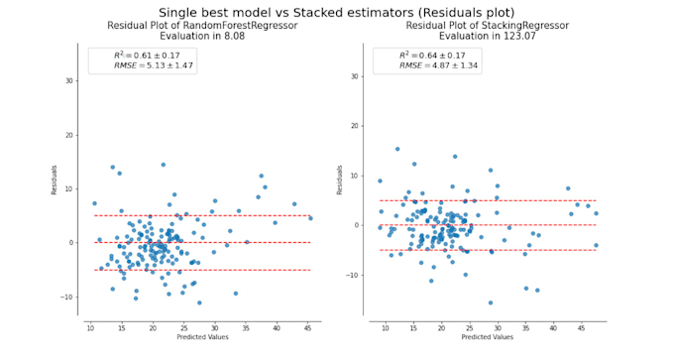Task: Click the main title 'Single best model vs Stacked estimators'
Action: coord(337,13)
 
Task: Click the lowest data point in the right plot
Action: coord(490,302)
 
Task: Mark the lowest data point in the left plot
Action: coord(199,302)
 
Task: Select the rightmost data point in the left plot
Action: coord(310,217)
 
